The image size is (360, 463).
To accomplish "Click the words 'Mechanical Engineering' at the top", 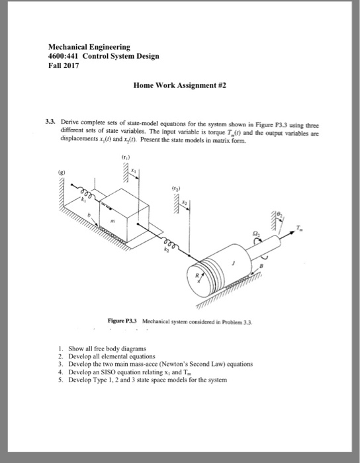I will pos(89,47).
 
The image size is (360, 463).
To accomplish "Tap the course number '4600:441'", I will pos(65,56).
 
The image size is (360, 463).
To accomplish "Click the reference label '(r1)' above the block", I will pos(124,158).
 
